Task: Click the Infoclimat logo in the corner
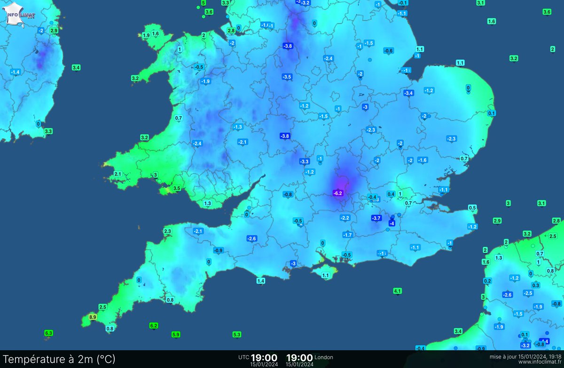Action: [x=21, y=14]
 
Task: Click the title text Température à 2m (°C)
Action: [x=59, y=359]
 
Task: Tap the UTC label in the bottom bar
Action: [x=243, y=357]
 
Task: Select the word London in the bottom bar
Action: [x=324, y=357]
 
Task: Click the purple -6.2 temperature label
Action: [x=338, y=193]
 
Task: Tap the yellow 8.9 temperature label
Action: [x=93, y=318]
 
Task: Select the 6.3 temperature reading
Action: [x=48, y=333]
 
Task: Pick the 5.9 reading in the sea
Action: [x=176, y=335]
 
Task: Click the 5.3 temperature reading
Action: [x=237, y=335]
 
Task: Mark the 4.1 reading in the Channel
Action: [x=397, y=291]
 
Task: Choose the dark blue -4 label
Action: [x=392, y=224]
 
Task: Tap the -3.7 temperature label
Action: [x=376, y=218]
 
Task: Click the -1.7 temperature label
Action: [x=348, y=235]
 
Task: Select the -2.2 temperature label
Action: [x=345, y=218]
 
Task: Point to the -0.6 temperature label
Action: [x=388, y=51]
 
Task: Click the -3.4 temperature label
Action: [x=408, y=93]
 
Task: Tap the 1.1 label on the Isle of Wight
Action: [x=325, y=275]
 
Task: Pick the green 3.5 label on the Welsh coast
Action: [x=177, y=188]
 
